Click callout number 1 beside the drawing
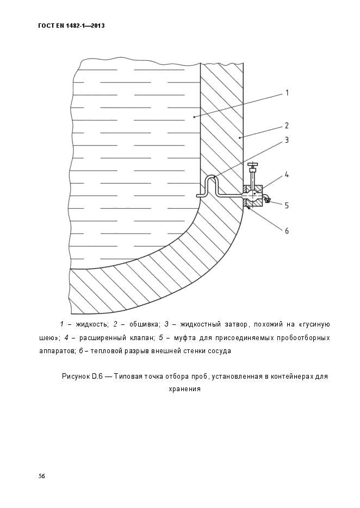(x=286, y=93)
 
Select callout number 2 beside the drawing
(x=286, y=125)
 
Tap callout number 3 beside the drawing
(x=286, y=140)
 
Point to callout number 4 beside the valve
(x=286, y=175)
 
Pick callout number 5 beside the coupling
(x=286, y=205)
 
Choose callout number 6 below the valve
(x=286, y=230)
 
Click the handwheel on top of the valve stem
(x=252, y=164)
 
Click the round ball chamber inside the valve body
(x=253, y=194)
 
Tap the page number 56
(x=41, y=476)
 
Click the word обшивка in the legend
(x=140, y=324)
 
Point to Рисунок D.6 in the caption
(x=82, y=376)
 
